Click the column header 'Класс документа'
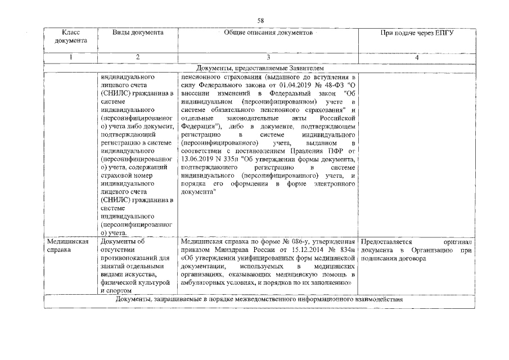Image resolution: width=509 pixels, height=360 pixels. (x=70, y=37)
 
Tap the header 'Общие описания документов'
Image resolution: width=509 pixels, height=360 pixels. (x=268, y=33)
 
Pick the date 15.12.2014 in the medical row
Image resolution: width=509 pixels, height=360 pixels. (x=289, y=250)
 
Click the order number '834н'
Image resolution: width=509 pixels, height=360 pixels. (x=348, y=250)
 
